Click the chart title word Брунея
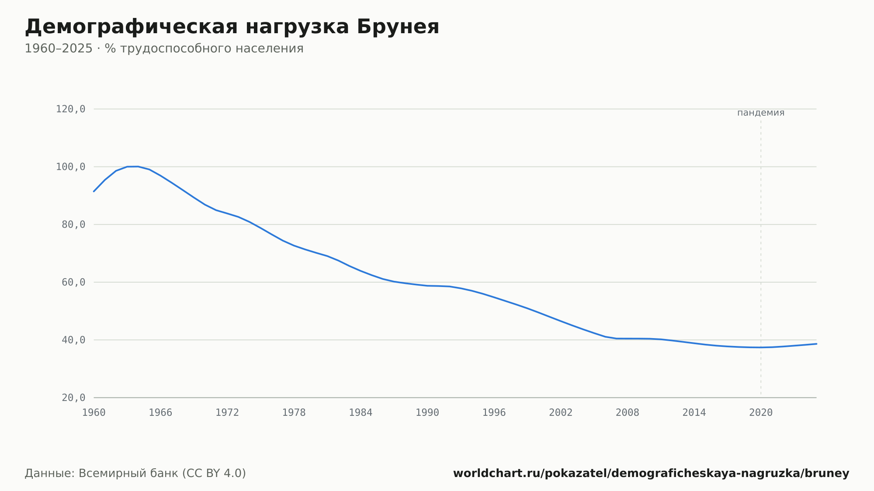coord(398,27)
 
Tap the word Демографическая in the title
coord(132,27)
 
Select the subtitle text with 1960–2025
coord(164,48)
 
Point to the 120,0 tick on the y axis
coord(70,109)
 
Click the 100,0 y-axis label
coord(70,167)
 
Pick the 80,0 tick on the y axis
coord(73,225)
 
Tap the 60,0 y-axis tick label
coord(73,282)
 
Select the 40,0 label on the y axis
coord(73,340)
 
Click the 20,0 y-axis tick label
coord(73,398)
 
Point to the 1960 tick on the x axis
coord(94,413)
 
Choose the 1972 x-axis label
coord(227,413)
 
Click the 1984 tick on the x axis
coord(361,413)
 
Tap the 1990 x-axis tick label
coord(427,413)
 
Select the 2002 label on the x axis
coord(561,413)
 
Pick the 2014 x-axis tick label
coord(694,413)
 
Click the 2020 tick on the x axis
coord(761,413)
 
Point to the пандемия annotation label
coord(761,113)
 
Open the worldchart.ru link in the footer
coord(651,473)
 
